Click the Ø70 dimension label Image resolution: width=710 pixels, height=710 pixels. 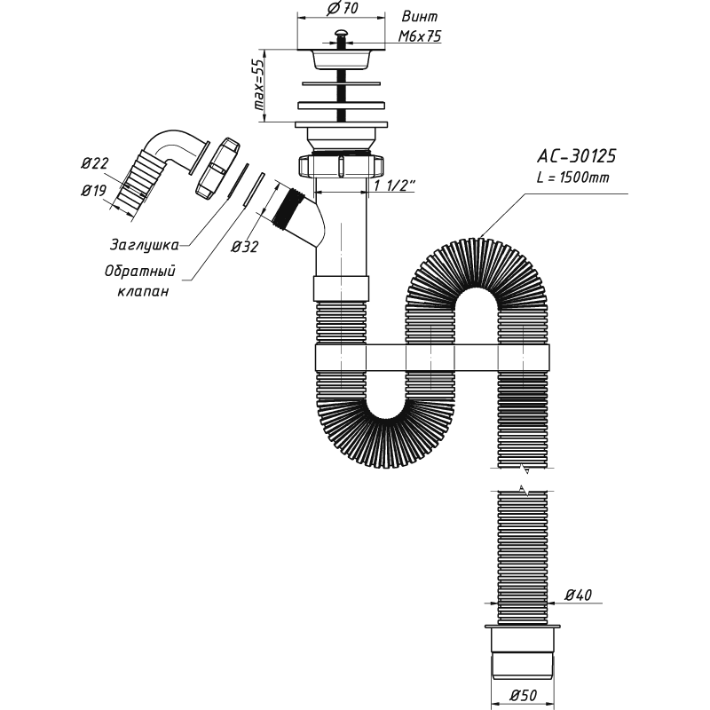(343, 9)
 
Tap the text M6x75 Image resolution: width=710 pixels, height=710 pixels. (419, 36)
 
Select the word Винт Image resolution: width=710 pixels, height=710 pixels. (420, 17)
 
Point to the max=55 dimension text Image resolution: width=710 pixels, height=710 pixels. (258, 84)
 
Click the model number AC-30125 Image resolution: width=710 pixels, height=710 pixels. (576, 156)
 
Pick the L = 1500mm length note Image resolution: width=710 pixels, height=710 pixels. (572, 177)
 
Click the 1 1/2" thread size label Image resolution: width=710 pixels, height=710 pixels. (395, 185)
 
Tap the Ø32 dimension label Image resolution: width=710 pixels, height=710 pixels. (245, 247)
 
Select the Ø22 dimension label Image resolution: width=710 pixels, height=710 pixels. (95, 163)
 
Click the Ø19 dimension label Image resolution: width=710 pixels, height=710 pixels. (94, 191)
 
